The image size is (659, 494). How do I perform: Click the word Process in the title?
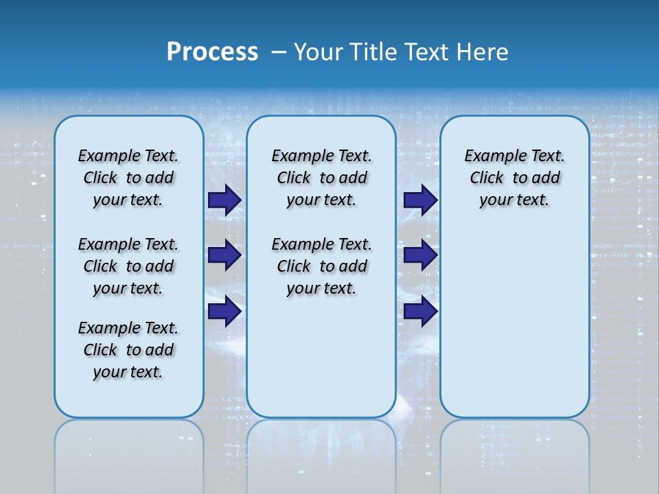pyautogui.click(x=212, y=51)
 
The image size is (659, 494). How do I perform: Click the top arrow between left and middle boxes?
pyautogui.click(x=224, y=200)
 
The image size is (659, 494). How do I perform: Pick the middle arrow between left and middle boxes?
pyautogui.click(x=224, y=255)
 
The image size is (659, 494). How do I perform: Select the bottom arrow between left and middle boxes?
pyautogui.click(x=224, y=311)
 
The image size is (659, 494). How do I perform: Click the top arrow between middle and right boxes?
pyautogui.click(x=420, y=200)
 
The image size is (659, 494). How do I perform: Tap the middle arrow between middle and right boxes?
pyautogui.click(x=420, y=255)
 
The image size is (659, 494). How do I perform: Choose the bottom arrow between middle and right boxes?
pyautogui.click(x=420, y=311)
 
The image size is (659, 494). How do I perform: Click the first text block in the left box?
pyautogui.click(x=128, y=178)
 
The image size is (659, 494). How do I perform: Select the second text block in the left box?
pyautogui.click(x=128, y=266)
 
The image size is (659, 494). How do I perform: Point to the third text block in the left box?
pyautogui.click(x=128, y=350)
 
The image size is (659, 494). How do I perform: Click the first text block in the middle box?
pyautogui.click(x=321, y=178)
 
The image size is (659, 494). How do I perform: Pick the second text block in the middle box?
pyautogui.click(x=321, y=266)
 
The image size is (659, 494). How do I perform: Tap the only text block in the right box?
pyautogui.click(x=514, y=178)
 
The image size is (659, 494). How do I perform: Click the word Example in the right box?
pyautogui.click(x=492, y=156)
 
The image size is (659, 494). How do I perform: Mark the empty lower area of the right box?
pyautogui.click(x=514, y=316)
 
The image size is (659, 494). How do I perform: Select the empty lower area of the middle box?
pyautogui.click(x=321, y=357)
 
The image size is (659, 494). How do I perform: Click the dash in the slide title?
pyautogui.click(x=279, y=51)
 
